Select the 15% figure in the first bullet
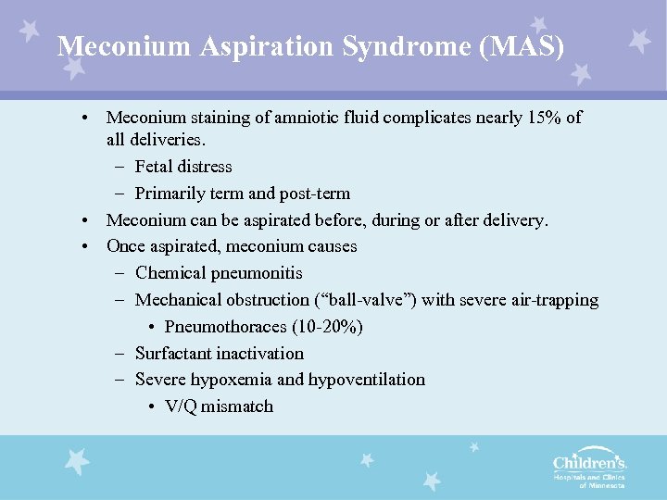(528, 118)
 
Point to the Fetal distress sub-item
(183, 167)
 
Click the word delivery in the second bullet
(517, 220)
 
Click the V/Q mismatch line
(219, 406)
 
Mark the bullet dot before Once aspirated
(84, 247)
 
